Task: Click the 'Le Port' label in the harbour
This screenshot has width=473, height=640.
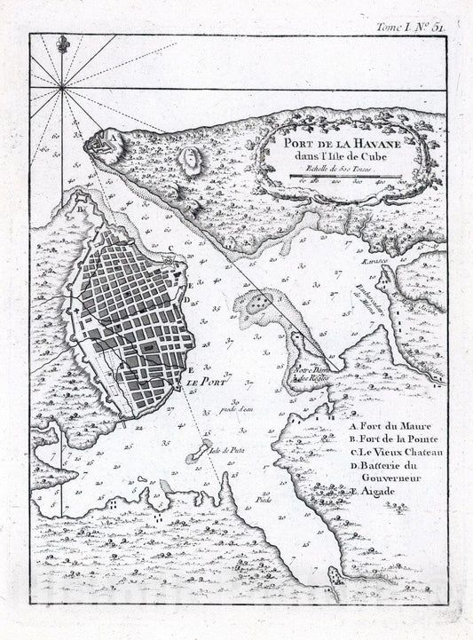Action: pos(201,383)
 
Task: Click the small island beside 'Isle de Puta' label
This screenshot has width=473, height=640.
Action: pos(205,445)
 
